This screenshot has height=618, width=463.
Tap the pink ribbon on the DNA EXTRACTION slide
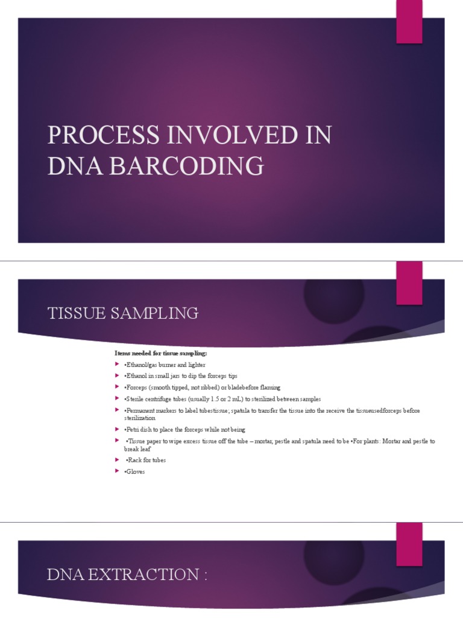click(409, 543)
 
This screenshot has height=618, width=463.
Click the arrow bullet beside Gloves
click(118, 471)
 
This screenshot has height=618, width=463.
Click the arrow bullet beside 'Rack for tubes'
click(118, 459)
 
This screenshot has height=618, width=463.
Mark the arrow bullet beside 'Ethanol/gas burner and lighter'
click(118, 364)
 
